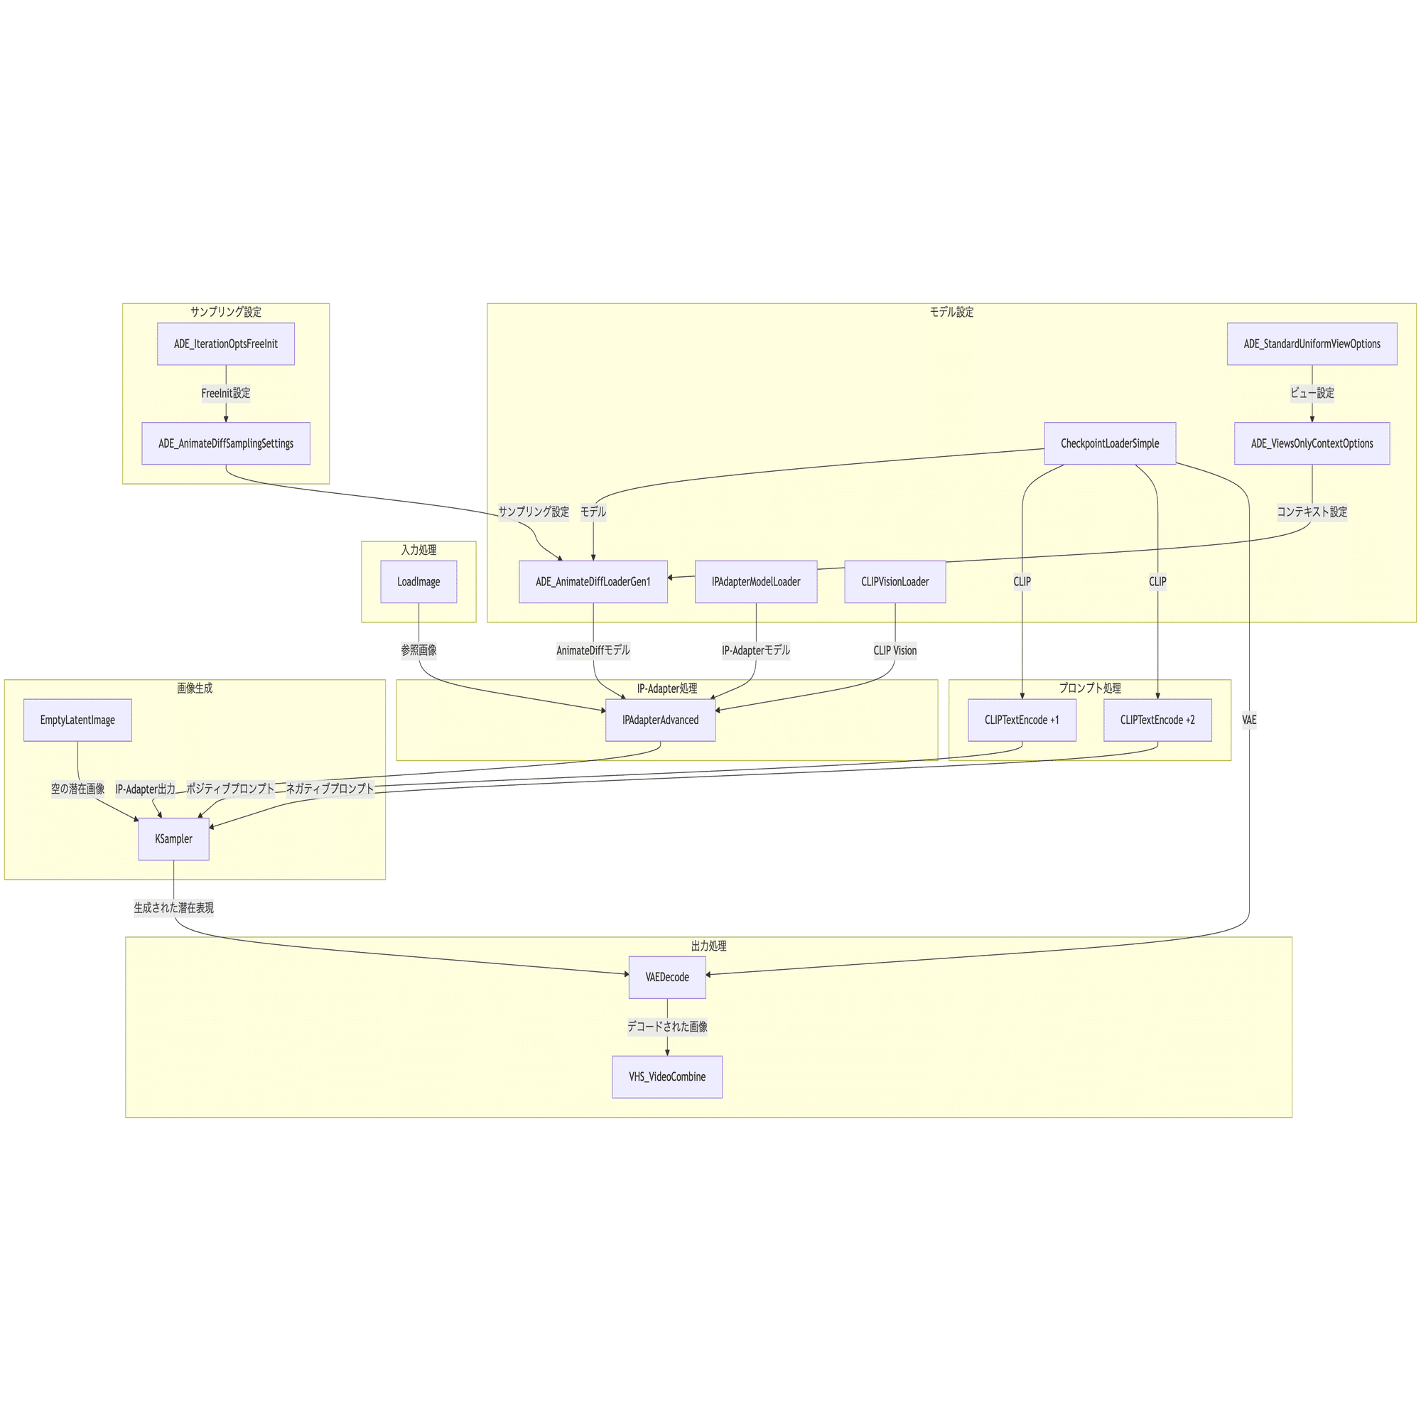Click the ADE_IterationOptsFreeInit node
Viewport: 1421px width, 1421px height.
(x=226, y=343)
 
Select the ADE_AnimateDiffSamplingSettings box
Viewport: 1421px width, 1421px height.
(x=226, y=443)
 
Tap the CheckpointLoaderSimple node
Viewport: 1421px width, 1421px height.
(x=1110, y=443)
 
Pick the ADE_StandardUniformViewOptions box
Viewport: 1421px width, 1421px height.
(x=1312, y=343)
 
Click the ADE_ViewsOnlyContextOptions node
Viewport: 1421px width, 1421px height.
(x=1312, y=443)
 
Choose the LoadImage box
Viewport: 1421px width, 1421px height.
(x=418, y=582)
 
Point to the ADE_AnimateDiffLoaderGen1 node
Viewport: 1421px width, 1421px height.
(x=593, y=582)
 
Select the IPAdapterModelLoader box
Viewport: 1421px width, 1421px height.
(x=756, y=582)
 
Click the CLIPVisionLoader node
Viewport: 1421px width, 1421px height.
(x=895, y=582)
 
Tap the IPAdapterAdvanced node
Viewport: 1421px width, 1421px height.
(x=661, y=720)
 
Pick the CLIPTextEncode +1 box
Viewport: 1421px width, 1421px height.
(x=1022, y=720)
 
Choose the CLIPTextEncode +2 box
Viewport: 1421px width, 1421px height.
(x=1157, y=720)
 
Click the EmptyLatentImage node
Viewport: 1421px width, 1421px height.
(x=78, y=720)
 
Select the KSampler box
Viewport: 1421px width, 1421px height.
(x=173, y=839)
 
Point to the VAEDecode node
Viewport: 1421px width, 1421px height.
(x=667, y=978)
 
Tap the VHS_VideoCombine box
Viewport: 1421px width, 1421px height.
(x=667, y=1077)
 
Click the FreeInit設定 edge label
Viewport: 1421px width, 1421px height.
(x=226, y=394)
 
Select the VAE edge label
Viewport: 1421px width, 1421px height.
(x=1249, y=720)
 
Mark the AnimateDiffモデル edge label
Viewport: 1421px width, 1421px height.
(x=593, y=650)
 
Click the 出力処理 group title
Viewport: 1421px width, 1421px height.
(x=709, y=946)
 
